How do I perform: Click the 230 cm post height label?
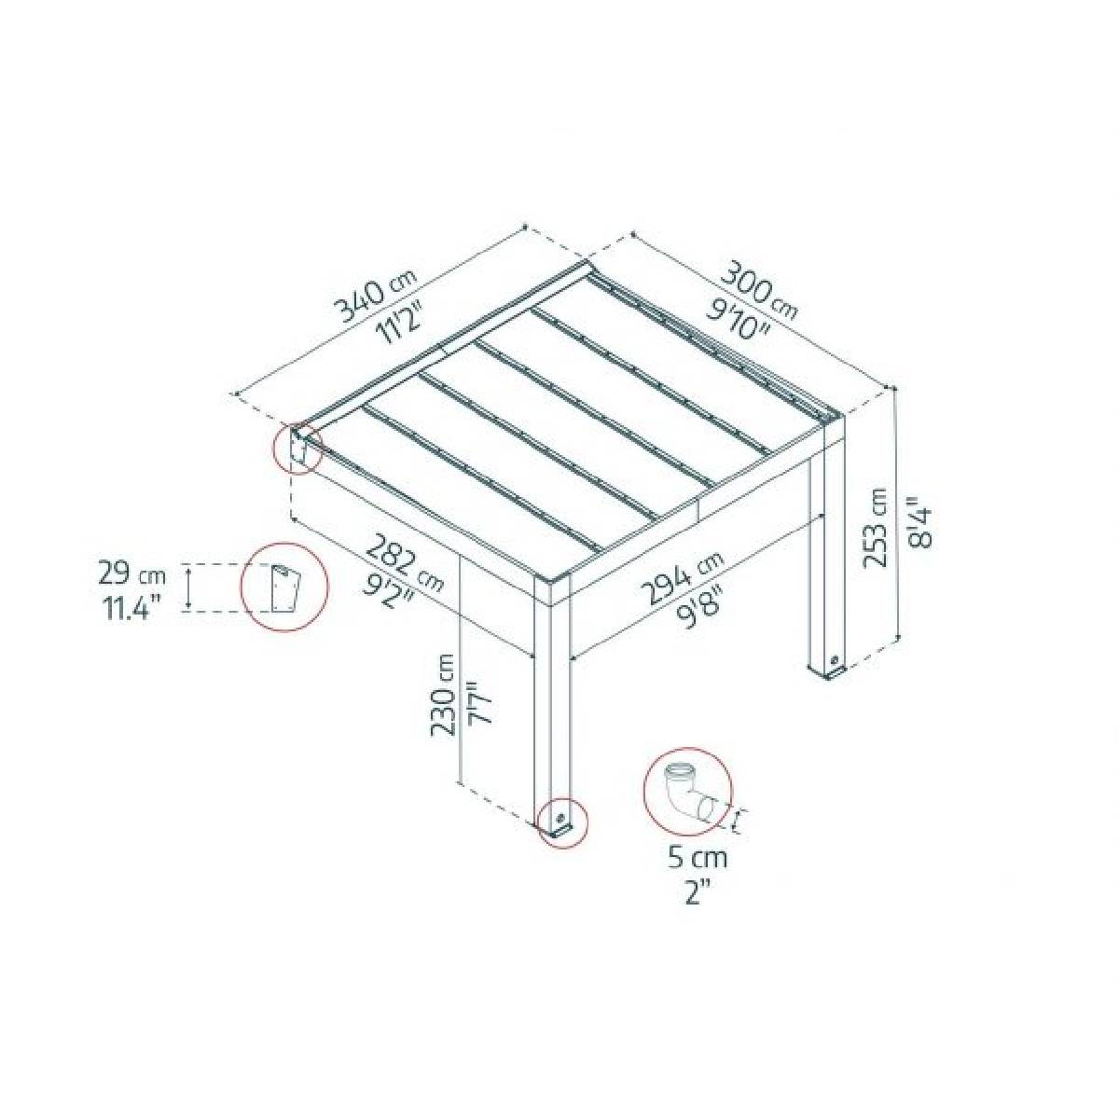[442, 695]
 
